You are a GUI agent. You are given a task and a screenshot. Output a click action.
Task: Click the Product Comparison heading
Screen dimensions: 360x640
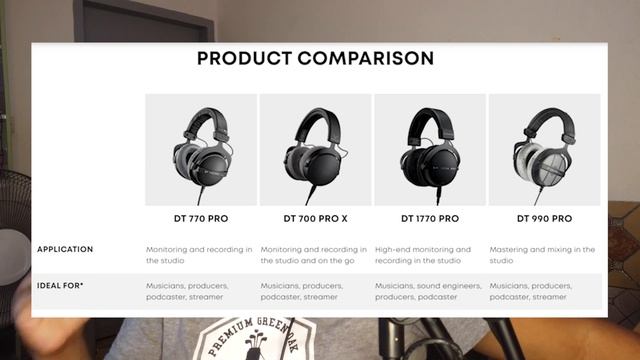coord(315,58)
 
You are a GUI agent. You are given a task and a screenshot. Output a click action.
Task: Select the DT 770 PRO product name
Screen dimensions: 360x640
coord(201,218)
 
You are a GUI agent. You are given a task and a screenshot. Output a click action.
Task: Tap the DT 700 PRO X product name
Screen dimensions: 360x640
coord(315,218)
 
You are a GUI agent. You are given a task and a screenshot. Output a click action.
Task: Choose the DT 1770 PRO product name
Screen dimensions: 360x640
coord(430,218)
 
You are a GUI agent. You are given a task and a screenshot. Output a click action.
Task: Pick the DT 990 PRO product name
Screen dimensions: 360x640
coord(544,218)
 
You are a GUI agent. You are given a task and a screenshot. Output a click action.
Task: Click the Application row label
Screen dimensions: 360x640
coord(65,249)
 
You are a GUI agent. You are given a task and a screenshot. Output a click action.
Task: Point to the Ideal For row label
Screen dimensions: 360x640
coord(61,286)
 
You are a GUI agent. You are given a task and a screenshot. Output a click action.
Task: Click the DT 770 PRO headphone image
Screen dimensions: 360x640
coord(201,150)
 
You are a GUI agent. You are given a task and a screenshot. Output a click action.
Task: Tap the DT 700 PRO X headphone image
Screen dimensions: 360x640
coord(315,150)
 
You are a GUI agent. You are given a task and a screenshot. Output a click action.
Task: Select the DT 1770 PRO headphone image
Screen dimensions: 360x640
coord(430,150)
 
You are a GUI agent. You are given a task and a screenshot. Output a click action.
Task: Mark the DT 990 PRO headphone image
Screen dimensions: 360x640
coord(544,150)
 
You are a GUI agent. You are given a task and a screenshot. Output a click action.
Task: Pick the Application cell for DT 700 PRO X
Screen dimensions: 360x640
coord(314,254)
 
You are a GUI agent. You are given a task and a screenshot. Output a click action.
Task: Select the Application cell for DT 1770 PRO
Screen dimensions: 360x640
coord(423,254)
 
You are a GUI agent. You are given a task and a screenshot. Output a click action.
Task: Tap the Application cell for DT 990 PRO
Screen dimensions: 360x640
coord(542,254)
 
